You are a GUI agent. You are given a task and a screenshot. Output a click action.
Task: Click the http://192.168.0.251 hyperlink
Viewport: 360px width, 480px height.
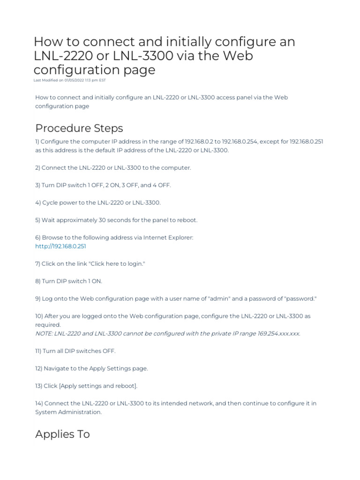[x=60, y=246]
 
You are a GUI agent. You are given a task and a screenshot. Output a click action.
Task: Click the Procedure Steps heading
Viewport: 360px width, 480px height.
[x=79, y=128]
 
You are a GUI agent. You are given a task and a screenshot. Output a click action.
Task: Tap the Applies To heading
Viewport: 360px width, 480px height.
[x=62, y=434]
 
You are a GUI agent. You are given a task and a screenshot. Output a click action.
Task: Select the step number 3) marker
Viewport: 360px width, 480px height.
[x=37, y=185]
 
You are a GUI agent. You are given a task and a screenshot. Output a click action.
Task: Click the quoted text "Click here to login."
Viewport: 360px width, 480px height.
[x=117, y=264]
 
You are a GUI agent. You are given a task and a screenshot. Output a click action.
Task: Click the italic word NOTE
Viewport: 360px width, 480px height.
[x=44, y=333]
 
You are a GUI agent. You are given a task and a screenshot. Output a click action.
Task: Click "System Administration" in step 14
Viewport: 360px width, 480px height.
[x=68, y=412]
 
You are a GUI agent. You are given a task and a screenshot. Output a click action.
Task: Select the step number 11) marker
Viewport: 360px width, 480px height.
[x=39, y=351]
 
